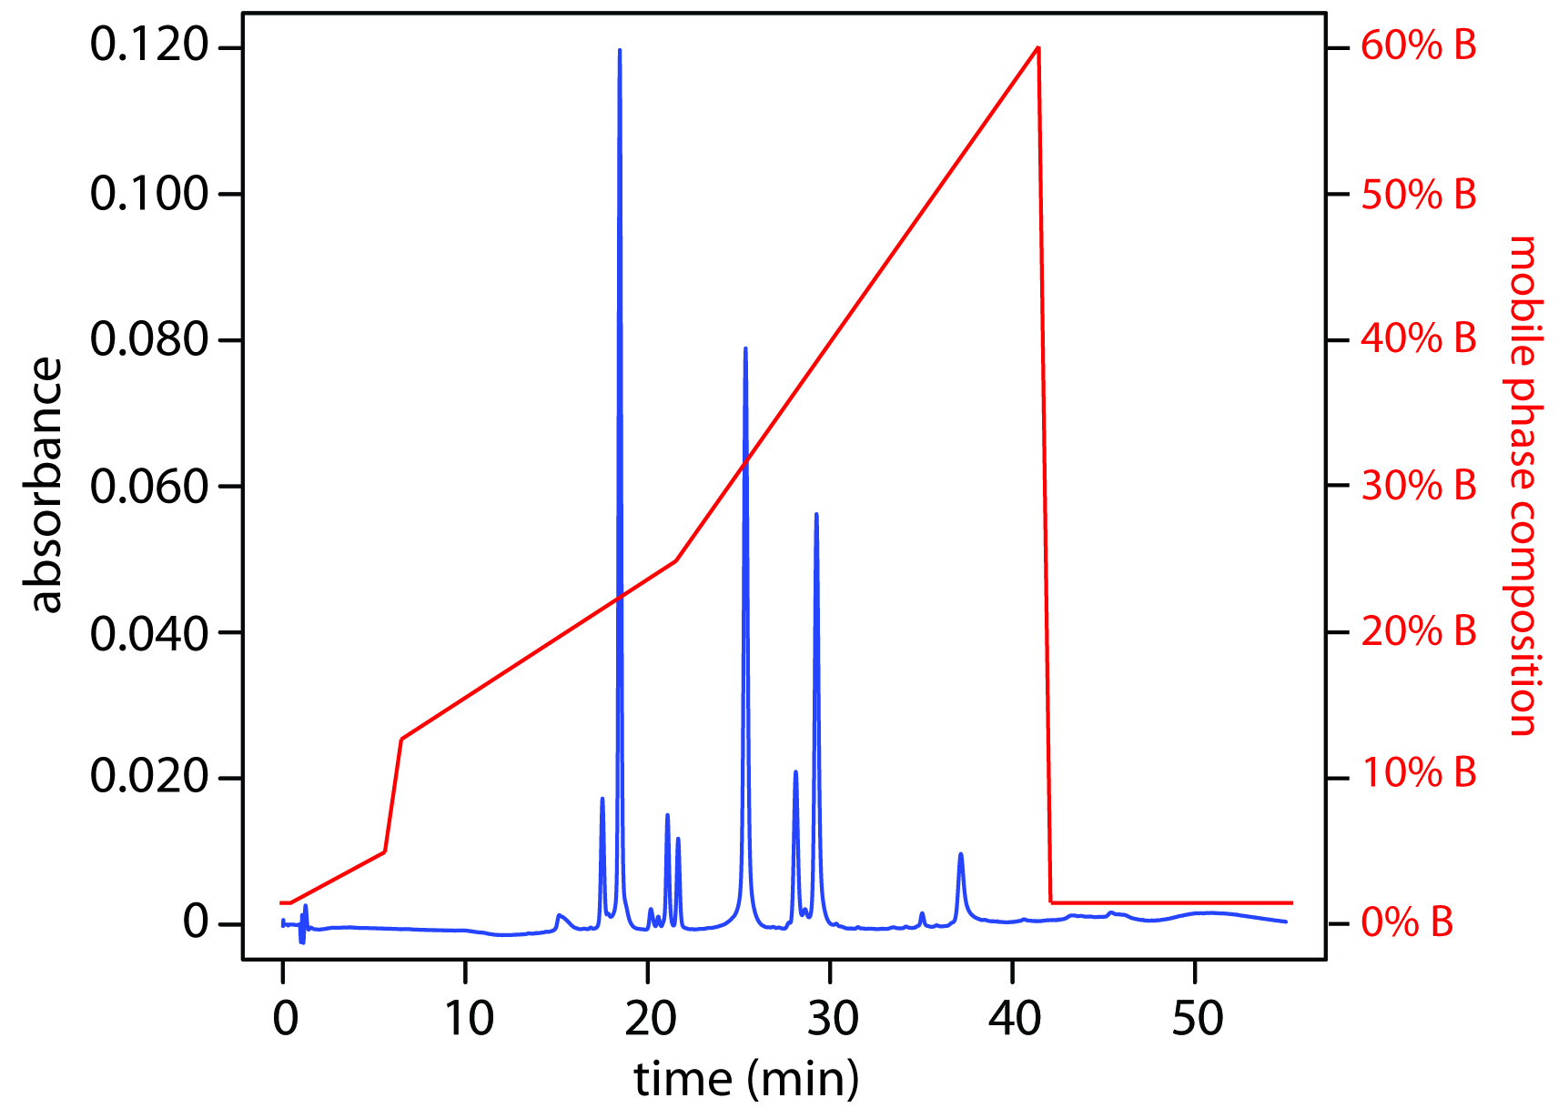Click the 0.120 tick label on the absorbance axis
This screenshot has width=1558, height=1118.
tap(150, 45)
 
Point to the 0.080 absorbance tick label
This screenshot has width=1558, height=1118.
tap(150, 339)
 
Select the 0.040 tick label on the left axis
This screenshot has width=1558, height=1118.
tap(150, 633)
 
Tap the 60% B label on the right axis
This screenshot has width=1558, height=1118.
tap(1418, 45)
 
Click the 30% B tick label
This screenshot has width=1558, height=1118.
tap(1418, 486)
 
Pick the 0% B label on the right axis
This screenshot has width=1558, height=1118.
tap(1407, 923)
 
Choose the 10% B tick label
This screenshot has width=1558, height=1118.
tap(1418, 773)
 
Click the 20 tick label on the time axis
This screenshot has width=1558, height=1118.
tap(650, 1020)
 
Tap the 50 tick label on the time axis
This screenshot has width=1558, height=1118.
tap(1197, 1020)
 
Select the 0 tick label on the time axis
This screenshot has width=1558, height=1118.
tap(285, 1020)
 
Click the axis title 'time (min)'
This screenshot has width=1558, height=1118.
tap(746, 1080)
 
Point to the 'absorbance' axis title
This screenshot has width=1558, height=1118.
tap(46, 486)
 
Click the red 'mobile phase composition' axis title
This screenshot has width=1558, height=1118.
tap(1522, 486)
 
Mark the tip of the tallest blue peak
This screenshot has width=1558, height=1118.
tap(620, 50)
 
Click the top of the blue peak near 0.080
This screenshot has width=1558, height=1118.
tap(745, 348)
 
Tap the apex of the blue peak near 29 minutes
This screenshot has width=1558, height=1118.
tap(816, 514)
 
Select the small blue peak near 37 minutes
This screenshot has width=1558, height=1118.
tap(960, 854)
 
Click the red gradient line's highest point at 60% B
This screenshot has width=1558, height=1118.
tap(1038, 47)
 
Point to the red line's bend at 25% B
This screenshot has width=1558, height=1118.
tap(676, 560)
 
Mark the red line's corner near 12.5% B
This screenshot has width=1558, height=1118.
tap(401, 739)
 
